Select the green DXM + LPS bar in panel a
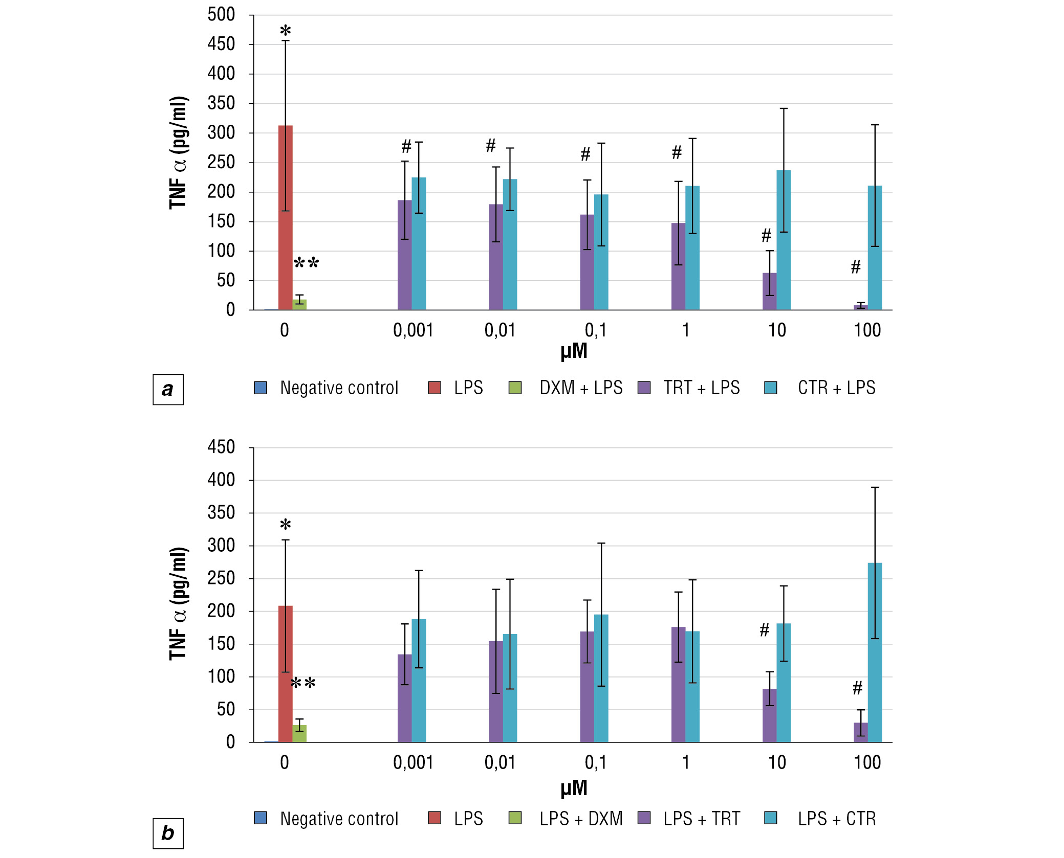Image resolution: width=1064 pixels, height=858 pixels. tap(299, 304)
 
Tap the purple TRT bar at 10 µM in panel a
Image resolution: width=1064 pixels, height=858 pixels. tap(769, 291)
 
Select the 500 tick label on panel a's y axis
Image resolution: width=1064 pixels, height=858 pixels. tap(221, 15)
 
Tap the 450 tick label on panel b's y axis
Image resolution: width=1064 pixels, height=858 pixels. tap(221, 447)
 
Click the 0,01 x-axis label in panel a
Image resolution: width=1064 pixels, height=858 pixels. tap(500, 330)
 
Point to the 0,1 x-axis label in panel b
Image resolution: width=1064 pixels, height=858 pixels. tap(595, 763)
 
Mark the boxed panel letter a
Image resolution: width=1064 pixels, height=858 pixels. tap(168, 390)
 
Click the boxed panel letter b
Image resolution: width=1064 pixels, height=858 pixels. tap(168, 833)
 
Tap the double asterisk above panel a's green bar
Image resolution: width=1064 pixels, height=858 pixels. tap(306, 264)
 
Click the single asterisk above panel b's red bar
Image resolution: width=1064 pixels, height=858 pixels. tap(285, 525)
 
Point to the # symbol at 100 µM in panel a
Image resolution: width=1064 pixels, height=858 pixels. tap(856, 267)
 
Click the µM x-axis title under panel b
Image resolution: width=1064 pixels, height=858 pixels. tap(574, 788)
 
